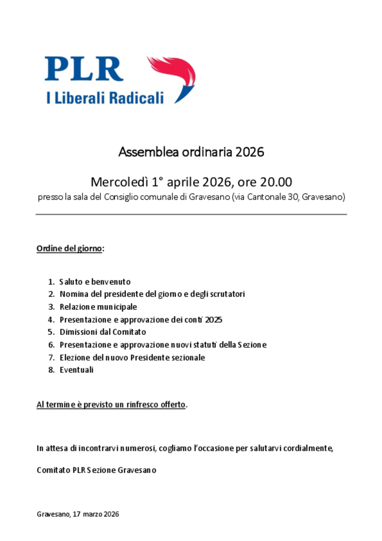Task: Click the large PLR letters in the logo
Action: click(84, 69)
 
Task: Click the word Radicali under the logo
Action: click(137, 97)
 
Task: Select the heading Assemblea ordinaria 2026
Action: click(191, 152)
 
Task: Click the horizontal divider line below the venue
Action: click(191, 214)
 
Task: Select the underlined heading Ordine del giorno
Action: click(69, 249)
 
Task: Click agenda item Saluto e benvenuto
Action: click(95, 282)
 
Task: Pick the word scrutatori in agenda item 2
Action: click(227, 294)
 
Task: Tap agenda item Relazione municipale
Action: click(98, 307)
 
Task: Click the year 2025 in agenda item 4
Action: click(213, 320)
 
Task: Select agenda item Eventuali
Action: click(76, 370)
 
